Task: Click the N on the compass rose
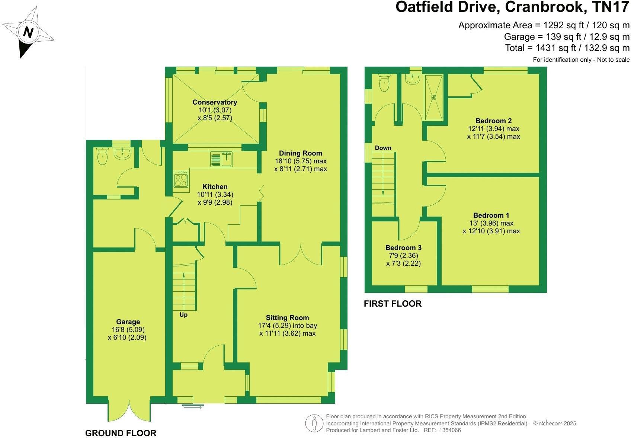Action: pyautogui.click(x=28, y=32)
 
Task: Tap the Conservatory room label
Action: pyautogui.click(x=215, y=102)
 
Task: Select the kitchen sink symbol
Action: pyautogui.click(x=222, y=159)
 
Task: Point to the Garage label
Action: pyautogui.click(x=128, y=322)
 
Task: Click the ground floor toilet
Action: pyautogui.click(x=102, y=157)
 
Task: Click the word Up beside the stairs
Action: pyautogui.click(x=183, y=315)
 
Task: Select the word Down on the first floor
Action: pyautogui.click(x=383, y=148)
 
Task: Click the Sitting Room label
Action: pyautogui.click(x=287, y=317)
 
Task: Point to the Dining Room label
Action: pyautogui.click(x=300, y=153)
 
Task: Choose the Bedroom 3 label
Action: pyautogui.click(x=403, y=247)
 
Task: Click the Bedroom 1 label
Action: pyautogui.click(x=491, y=215)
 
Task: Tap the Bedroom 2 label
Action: pyautogui.click(x=493, y=121)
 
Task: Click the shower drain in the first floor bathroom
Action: pyautogui.click(x=433, y=97)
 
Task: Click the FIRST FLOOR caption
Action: pyautogui.click(x=393, y=304)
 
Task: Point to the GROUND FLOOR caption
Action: pyautogui.click(x=121, y=433)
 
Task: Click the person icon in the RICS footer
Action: pyautogui.click(x=314, y=423)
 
